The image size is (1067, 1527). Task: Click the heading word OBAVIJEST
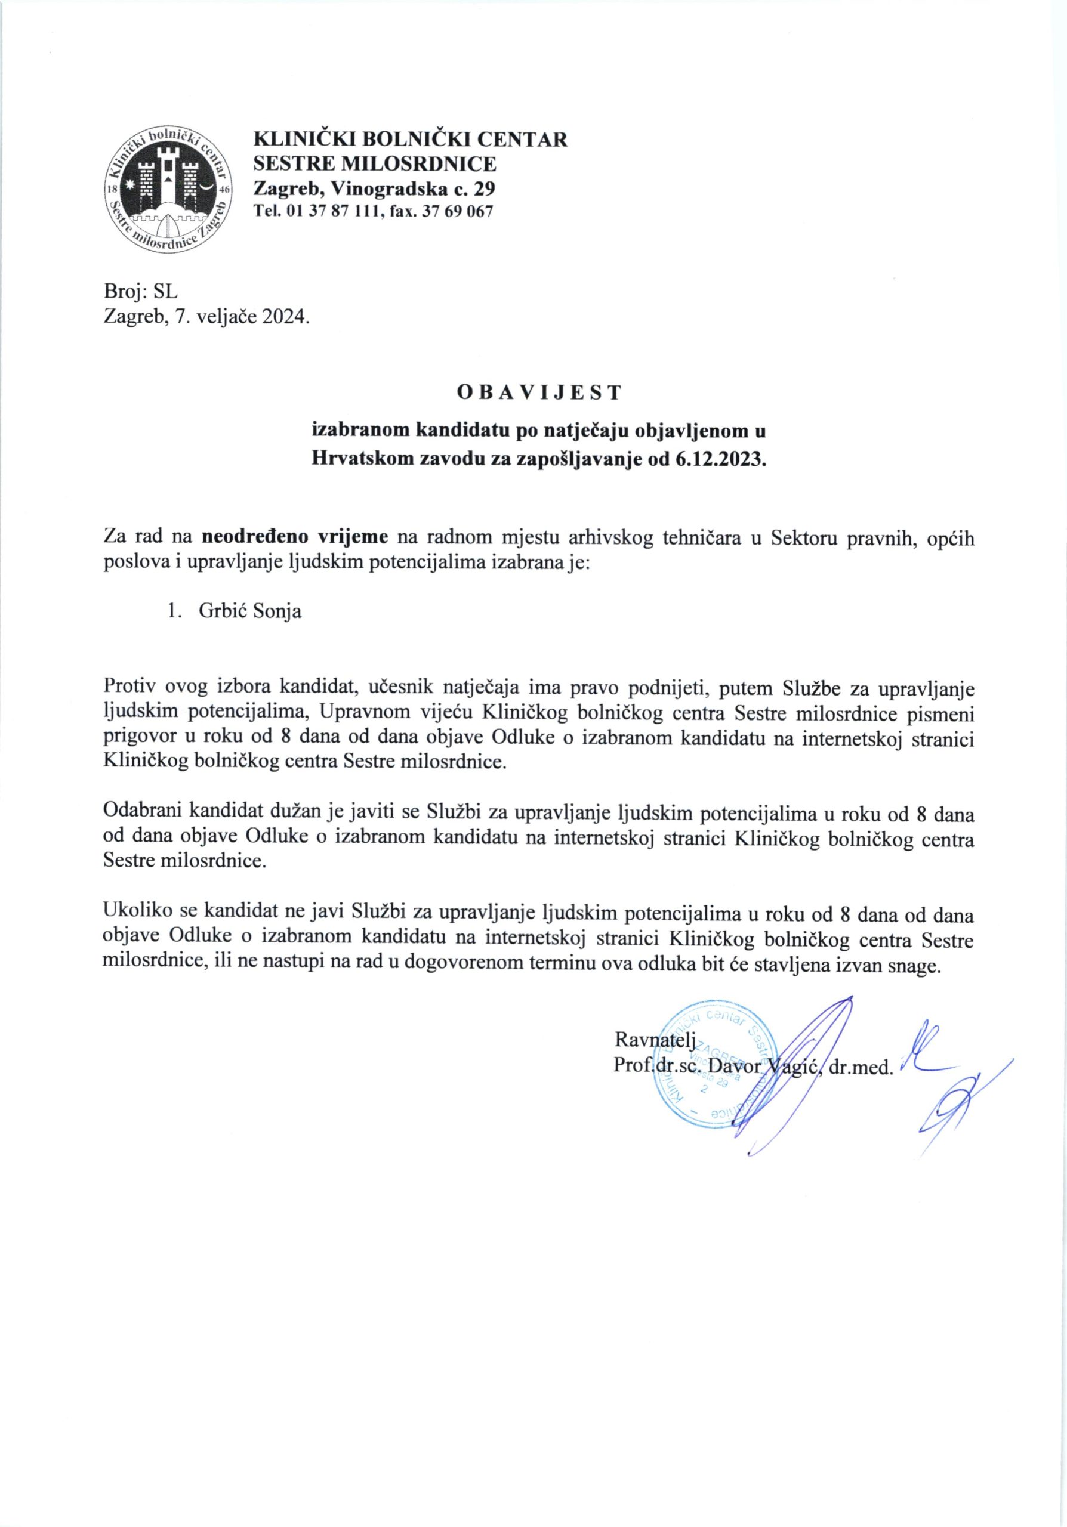pos(539,392)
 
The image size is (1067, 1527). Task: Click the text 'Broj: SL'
pos(141,291)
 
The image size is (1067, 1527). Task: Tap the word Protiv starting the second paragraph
pos(131,687)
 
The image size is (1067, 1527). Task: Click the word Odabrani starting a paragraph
pos(143,814)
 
